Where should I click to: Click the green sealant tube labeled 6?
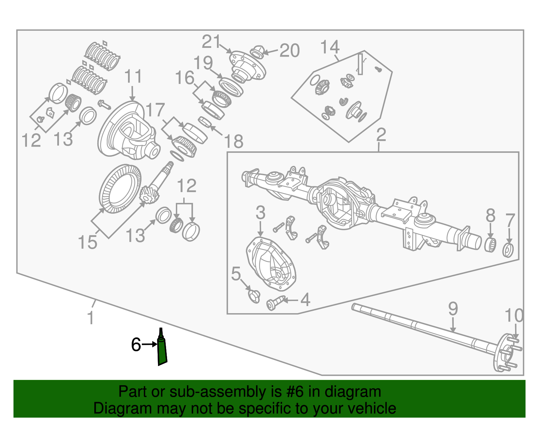click(162, 351)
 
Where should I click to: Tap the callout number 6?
click(136, 344)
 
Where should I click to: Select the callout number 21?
click(211, 42)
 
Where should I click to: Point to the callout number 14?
click(329, 47)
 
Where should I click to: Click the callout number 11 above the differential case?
click(133, 77)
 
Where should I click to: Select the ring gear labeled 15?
click(120, 189)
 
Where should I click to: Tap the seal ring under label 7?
click(508, 250)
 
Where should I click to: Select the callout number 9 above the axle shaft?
click(453, 309)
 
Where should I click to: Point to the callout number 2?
click(381, 135)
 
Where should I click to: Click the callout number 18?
click(233, 141)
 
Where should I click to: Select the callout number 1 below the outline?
click(90, 318)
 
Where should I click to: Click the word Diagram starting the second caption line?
click(113, 408)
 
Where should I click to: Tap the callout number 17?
click(155, 110)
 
